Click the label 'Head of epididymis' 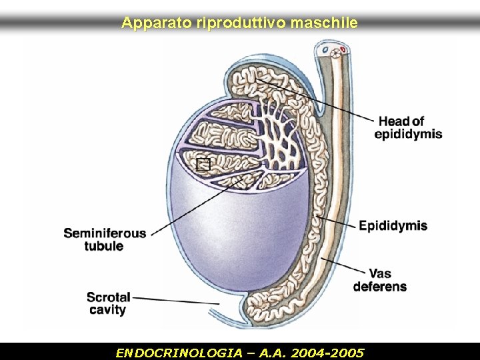(407, 127)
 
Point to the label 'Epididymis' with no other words (393, 225)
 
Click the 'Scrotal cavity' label (109, 303)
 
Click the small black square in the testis (204, 165)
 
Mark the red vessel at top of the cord (343, 49)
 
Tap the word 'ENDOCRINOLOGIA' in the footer (167, 351)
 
